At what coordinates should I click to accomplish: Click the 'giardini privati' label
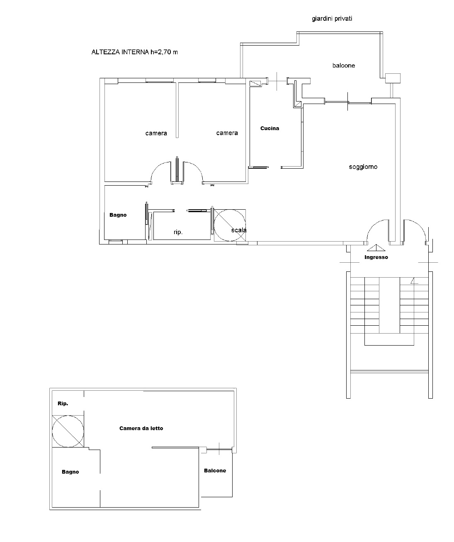(332, 19)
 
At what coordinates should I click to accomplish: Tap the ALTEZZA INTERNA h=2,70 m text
(134, 52)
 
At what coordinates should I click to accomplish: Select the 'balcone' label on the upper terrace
(343, 65)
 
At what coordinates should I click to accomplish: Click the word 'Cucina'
(269, 128)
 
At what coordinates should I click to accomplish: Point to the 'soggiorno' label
(363, 167)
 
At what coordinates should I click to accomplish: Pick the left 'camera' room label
(156, 133)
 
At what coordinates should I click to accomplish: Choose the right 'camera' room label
(227, 133)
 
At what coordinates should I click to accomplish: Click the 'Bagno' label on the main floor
(118, 215)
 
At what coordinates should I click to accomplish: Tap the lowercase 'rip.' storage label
(178, 232)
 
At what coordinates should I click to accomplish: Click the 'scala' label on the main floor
(239, 230)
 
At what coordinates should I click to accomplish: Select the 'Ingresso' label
(376, 257)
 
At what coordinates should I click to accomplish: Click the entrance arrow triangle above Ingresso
(376, 248)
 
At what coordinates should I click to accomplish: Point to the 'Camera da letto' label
(141, 428)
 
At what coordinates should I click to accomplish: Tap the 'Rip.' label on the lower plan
(63, 403)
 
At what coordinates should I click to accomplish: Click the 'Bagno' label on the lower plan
(70, 472)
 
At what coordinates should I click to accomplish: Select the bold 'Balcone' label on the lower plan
(215, 470)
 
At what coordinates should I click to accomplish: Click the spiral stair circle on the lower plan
(68, 431)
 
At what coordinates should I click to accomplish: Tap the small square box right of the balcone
(393, 78)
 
